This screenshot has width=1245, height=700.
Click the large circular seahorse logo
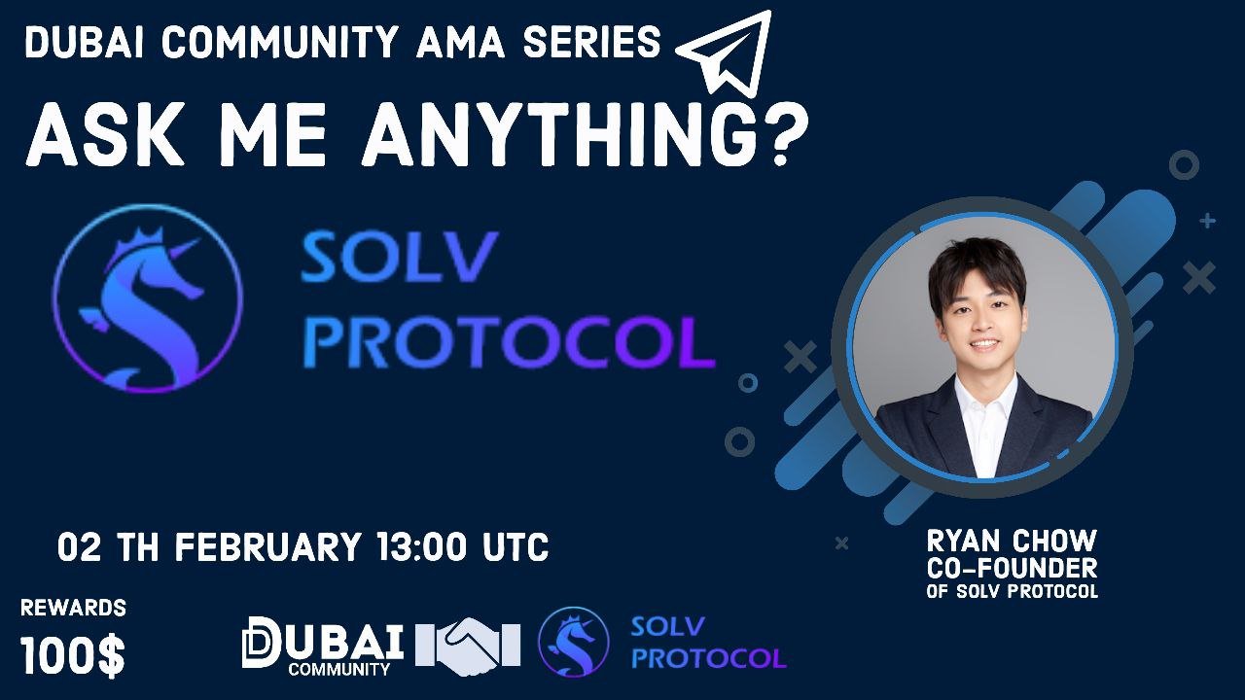[148, 298]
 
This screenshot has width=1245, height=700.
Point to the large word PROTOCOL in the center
[509, 341]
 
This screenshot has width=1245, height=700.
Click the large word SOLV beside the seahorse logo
[399, 258]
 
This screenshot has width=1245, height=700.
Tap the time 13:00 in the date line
[422, 547]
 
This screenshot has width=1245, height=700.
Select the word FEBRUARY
[267, 547]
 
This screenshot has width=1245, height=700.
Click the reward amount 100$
[72, 655]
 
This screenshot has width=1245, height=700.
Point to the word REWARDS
[73, 608]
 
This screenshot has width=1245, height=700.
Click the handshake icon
[468, 647]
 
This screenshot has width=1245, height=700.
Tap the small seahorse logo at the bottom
[574, 643]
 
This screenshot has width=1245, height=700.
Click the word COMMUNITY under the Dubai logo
[339, 669]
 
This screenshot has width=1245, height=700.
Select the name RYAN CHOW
[1012, 542]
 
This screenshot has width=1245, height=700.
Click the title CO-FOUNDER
[1012, 569]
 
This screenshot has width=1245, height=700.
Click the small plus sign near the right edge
[1207, 221]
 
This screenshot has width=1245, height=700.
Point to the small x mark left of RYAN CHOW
[842, 542]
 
